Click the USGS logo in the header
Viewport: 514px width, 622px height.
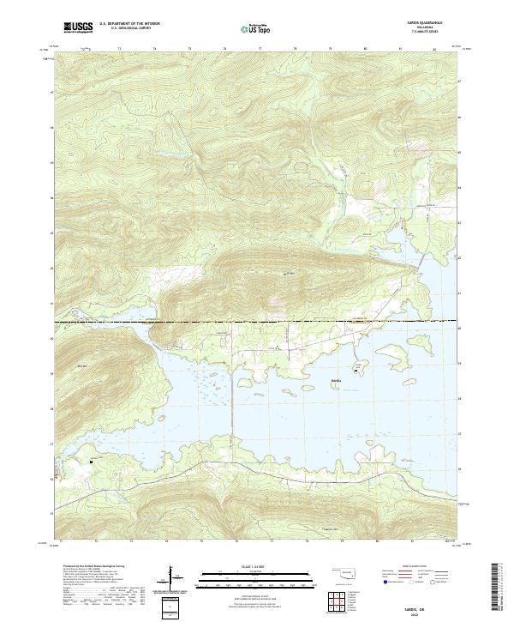[x=79, y=27]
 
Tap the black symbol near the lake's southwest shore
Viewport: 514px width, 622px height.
[x=91, y=462]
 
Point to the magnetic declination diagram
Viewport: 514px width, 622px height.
[x=177, y=582]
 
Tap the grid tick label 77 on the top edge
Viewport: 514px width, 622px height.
[x=260, y=51]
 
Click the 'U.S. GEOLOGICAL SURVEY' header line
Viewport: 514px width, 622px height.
[x=125, y=30]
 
